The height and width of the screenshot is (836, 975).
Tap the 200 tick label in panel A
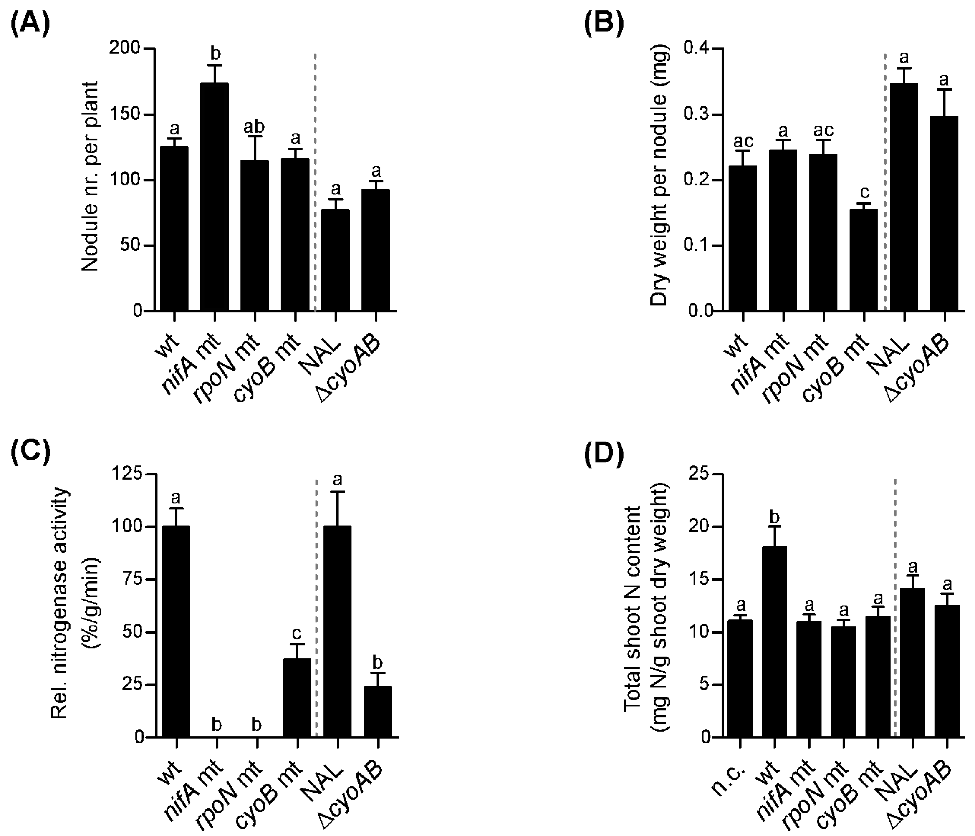pos(125,48)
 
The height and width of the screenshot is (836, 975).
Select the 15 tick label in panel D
pos(699,579)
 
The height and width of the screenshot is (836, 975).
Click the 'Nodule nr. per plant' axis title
pos(89,177)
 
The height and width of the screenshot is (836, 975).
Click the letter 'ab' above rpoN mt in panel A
pos(254,126)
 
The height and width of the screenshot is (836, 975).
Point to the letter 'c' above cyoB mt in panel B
pos(864,192)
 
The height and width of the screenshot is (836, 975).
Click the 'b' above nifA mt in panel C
pos(217,725)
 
